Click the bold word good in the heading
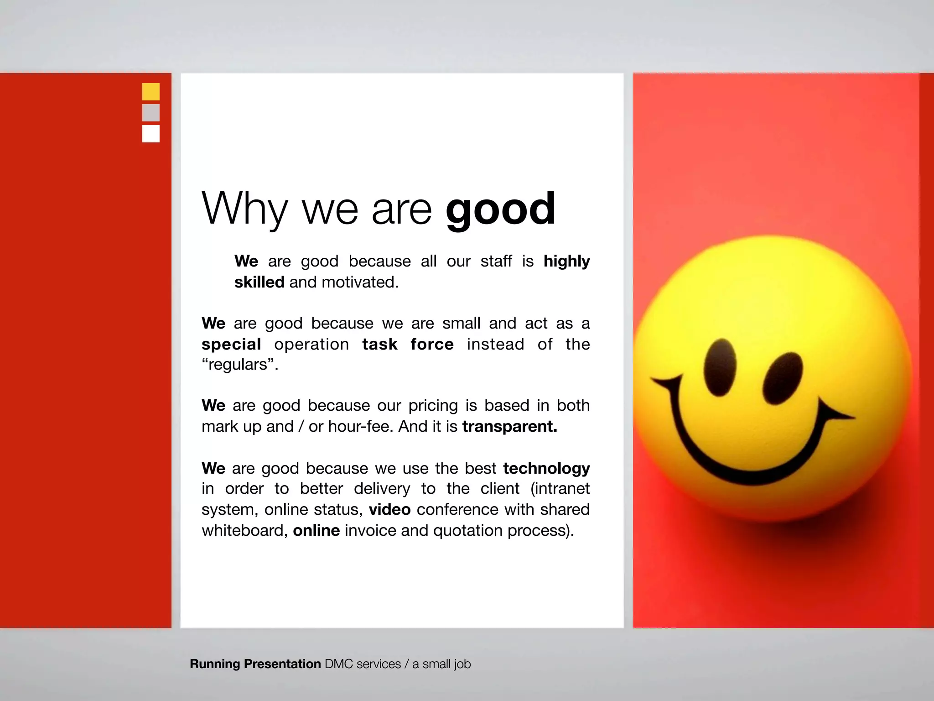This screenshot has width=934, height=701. point(500,209)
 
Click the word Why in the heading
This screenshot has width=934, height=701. point(244,209)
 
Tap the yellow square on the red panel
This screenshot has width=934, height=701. point(151,92)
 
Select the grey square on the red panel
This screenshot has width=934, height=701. point(151,113)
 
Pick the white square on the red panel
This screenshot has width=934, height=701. point(151,134)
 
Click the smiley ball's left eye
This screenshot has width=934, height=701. point(720,368)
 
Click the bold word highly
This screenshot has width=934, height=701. point(566,262)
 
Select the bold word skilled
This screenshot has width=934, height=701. point(259,282)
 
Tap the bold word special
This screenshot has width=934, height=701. point(231,345)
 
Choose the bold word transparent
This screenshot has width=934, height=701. point(509,427)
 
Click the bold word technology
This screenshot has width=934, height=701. point(546,469)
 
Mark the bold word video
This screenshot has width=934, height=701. point(389,510)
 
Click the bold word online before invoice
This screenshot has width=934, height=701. point(316,531)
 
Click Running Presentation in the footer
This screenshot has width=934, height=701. point(255,664)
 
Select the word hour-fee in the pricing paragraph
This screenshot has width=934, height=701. point(360,427)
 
